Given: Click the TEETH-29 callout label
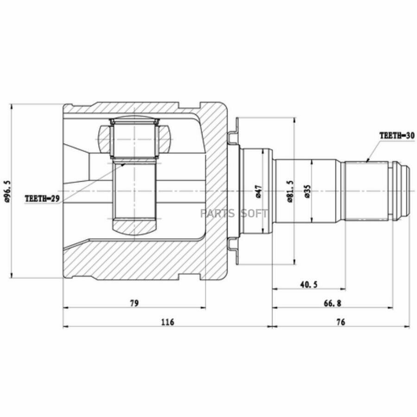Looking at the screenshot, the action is click(x=43, y=198).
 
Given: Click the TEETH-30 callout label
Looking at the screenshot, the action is click(x=397, y=136).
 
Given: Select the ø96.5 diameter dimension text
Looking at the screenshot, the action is click(x=7, y=191).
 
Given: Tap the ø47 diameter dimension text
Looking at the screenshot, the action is click(x=259, y=191).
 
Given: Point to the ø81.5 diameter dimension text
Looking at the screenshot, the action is click(x=290, y=191).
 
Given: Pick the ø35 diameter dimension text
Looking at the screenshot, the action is click(x=307, y=191).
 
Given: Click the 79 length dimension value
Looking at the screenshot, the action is click(x=134, y=303).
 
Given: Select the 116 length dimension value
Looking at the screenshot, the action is click(x=168, y=322).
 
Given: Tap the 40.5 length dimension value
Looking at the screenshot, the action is click(x=309, y=284).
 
